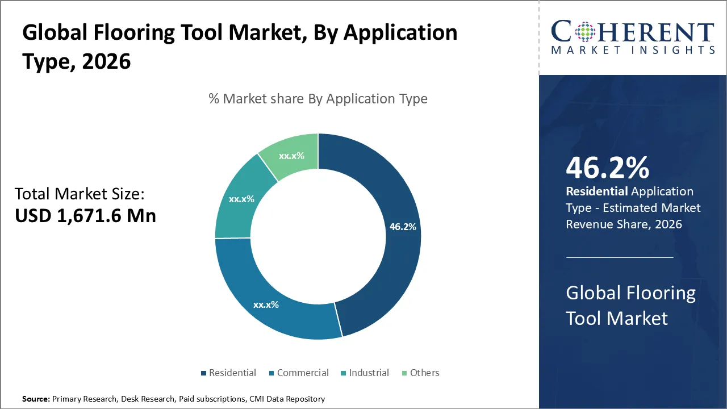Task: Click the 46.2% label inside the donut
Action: click(403, 227)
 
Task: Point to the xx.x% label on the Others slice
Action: click(291, 156)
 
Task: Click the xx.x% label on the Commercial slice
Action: click(266, 305)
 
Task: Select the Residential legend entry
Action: click(232, 373)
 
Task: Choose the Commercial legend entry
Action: click(303, 373)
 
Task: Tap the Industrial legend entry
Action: click(369, 373)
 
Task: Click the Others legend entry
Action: click(424, 373)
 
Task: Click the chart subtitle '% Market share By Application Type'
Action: click(318, 99)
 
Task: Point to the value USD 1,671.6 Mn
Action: click(85, 215)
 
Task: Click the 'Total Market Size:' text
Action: click(80, 194)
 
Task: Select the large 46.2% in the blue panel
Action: click(607, 168)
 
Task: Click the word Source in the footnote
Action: click(35, 399)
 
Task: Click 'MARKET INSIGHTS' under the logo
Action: click(633, 51)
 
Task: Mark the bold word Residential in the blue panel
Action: click(597, 191)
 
